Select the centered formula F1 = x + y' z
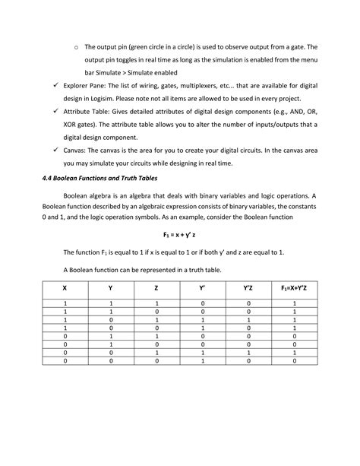(180, 236)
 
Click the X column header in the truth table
(65, 288)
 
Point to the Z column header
(156, 288)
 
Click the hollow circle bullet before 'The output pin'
(74, 46)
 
